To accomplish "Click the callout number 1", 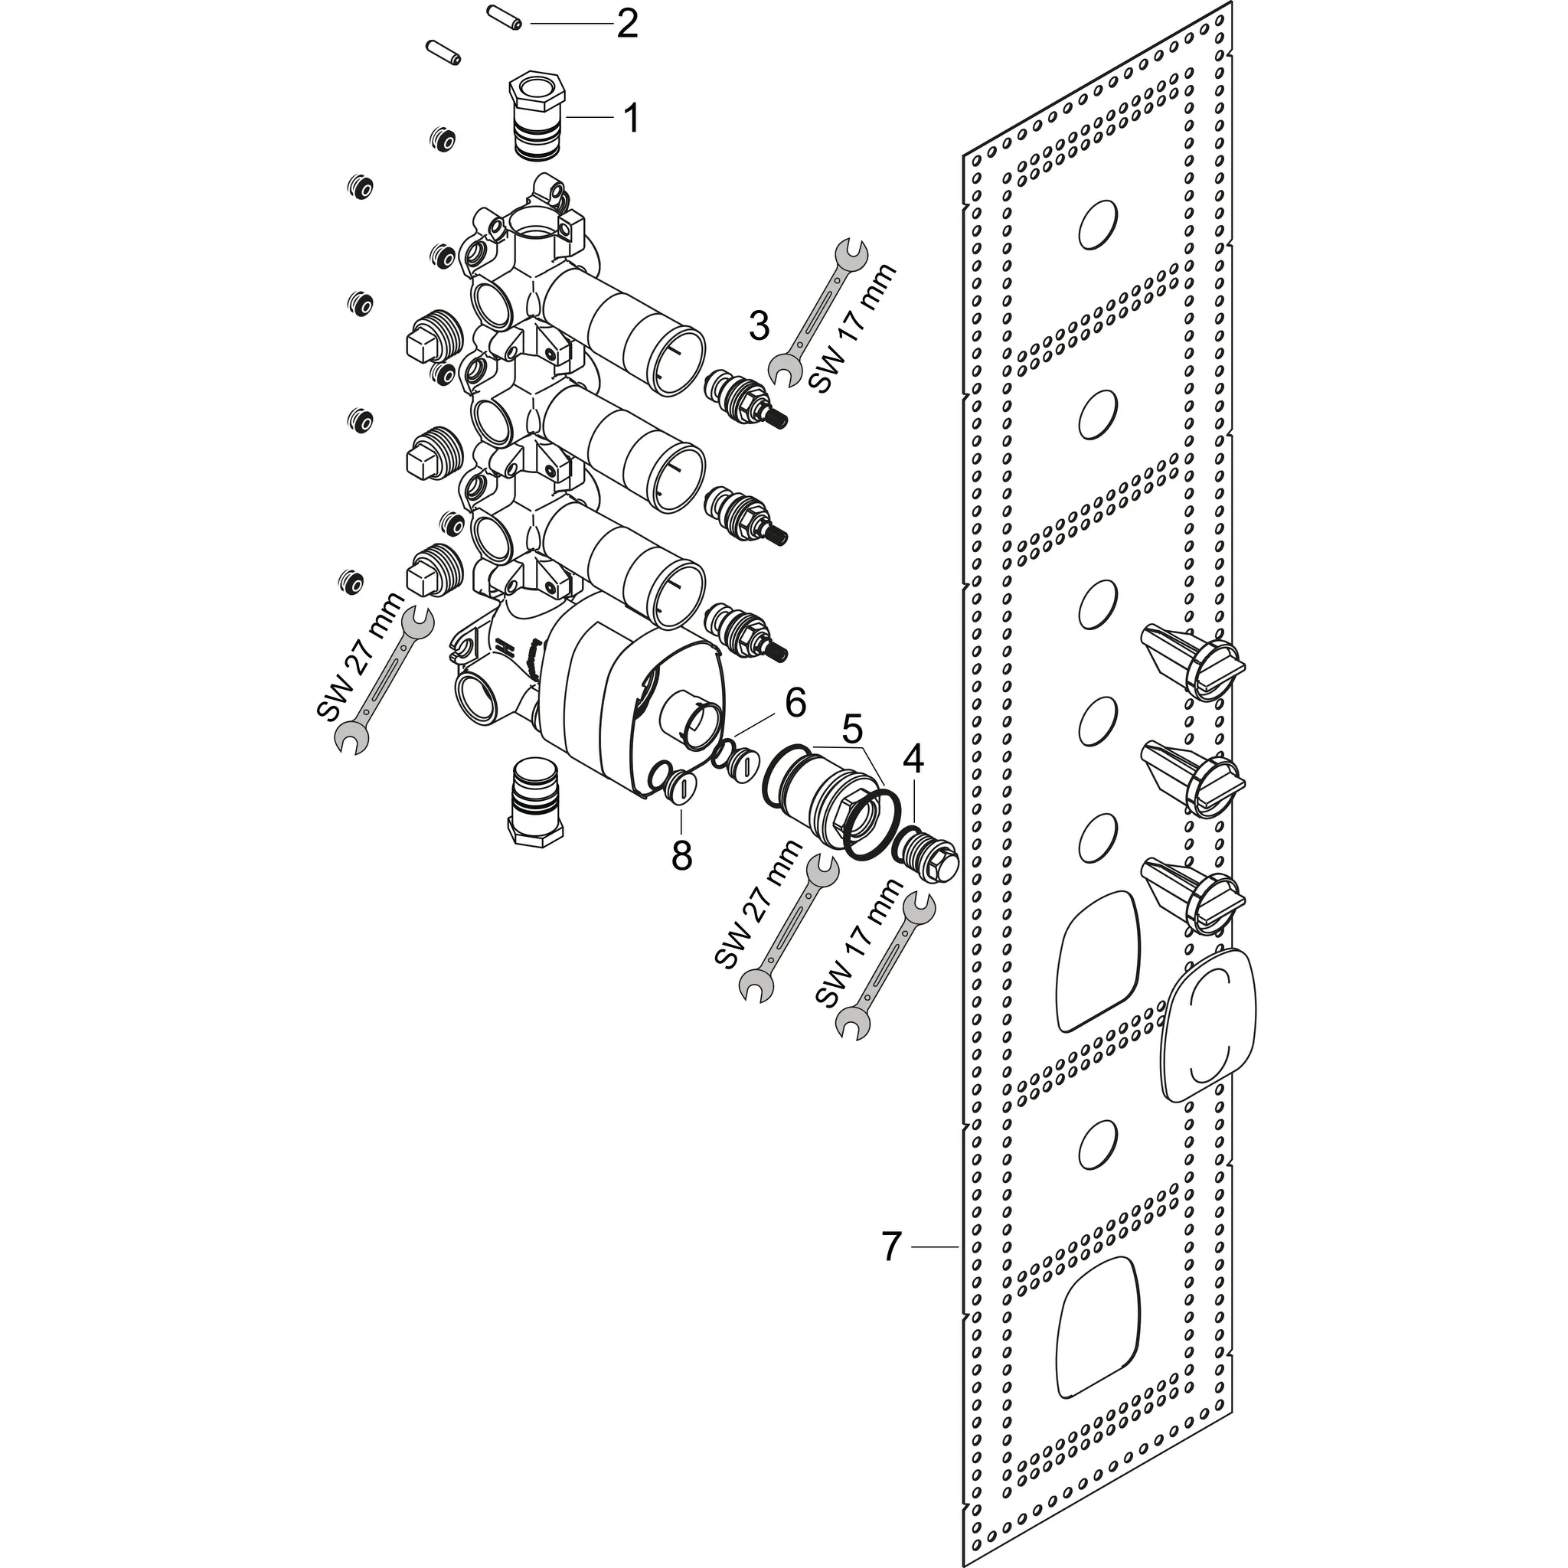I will [631, 119].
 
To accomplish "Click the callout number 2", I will [626, 24].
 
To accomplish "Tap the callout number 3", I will [758, 326].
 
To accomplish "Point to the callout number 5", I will [851, 728].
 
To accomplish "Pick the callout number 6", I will [795, 703].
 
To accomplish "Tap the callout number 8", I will [681, 854].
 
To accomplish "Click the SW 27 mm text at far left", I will [360, 658].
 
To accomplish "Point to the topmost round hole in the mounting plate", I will [1098, 225].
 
